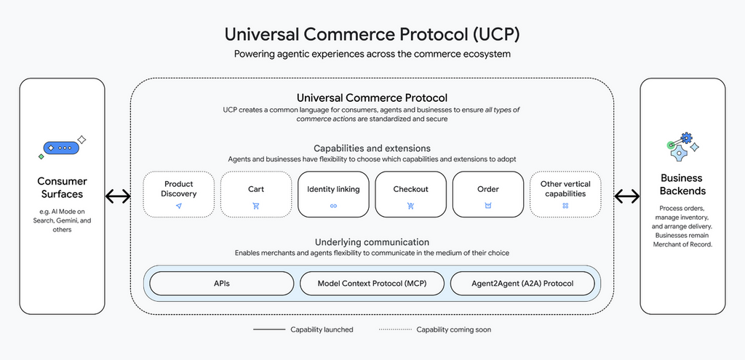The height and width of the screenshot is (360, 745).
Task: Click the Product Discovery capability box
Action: (178, 194)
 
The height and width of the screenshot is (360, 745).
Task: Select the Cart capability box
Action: (255, 194)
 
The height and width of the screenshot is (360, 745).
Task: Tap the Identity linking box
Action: (333, 194)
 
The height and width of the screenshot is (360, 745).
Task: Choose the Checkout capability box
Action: (410, 194)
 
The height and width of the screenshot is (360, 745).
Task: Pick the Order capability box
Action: (488, 194)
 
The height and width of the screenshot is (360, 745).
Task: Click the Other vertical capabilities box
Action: (565, 194)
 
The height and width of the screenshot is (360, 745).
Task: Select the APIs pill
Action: (222, 284)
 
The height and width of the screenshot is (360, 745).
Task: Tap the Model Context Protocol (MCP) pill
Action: (372, 284)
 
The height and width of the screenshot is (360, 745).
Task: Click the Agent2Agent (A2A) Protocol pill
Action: (522, 284)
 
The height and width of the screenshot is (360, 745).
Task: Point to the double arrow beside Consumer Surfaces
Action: (118, 196)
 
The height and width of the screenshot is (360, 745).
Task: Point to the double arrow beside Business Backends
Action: (627, 196)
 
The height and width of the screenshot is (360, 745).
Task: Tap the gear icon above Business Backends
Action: (682, 146)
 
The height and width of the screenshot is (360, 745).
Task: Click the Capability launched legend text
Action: (322, 329)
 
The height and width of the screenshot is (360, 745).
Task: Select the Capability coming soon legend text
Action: (453, 329)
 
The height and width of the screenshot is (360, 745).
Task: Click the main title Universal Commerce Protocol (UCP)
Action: (372, 34)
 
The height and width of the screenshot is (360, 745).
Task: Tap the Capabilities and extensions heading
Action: (372, 148)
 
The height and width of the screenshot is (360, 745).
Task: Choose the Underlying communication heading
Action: (372, 242)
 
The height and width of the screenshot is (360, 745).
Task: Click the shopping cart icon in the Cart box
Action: (255, 207)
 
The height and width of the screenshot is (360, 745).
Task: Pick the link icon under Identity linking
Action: (333, 207)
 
